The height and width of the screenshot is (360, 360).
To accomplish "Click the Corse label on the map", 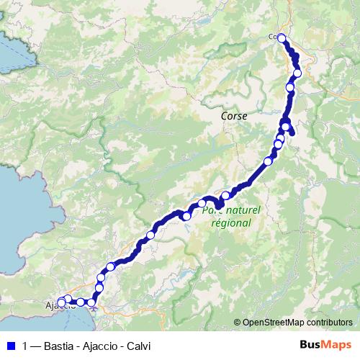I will (x=233, y=115).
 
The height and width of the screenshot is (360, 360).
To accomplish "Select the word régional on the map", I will (x=230, y=222).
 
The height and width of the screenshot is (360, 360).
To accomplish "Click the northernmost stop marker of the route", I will (x=282, y=39).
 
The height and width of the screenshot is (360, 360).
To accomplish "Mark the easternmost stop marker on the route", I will (x=297, y=73).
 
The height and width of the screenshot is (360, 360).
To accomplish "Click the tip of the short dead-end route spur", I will (x=292, y=132).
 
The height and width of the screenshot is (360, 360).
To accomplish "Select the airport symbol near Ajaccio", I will (x=94, y=311).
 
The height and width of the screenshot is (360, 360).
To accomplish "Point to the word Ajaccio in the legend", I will (x=99, y=345).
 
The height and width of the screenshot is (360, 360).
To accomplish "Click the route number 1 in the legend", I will (x=25, y=345).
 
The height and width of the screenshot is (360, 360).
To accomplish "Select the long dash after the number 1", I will (x=36, y=345).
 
